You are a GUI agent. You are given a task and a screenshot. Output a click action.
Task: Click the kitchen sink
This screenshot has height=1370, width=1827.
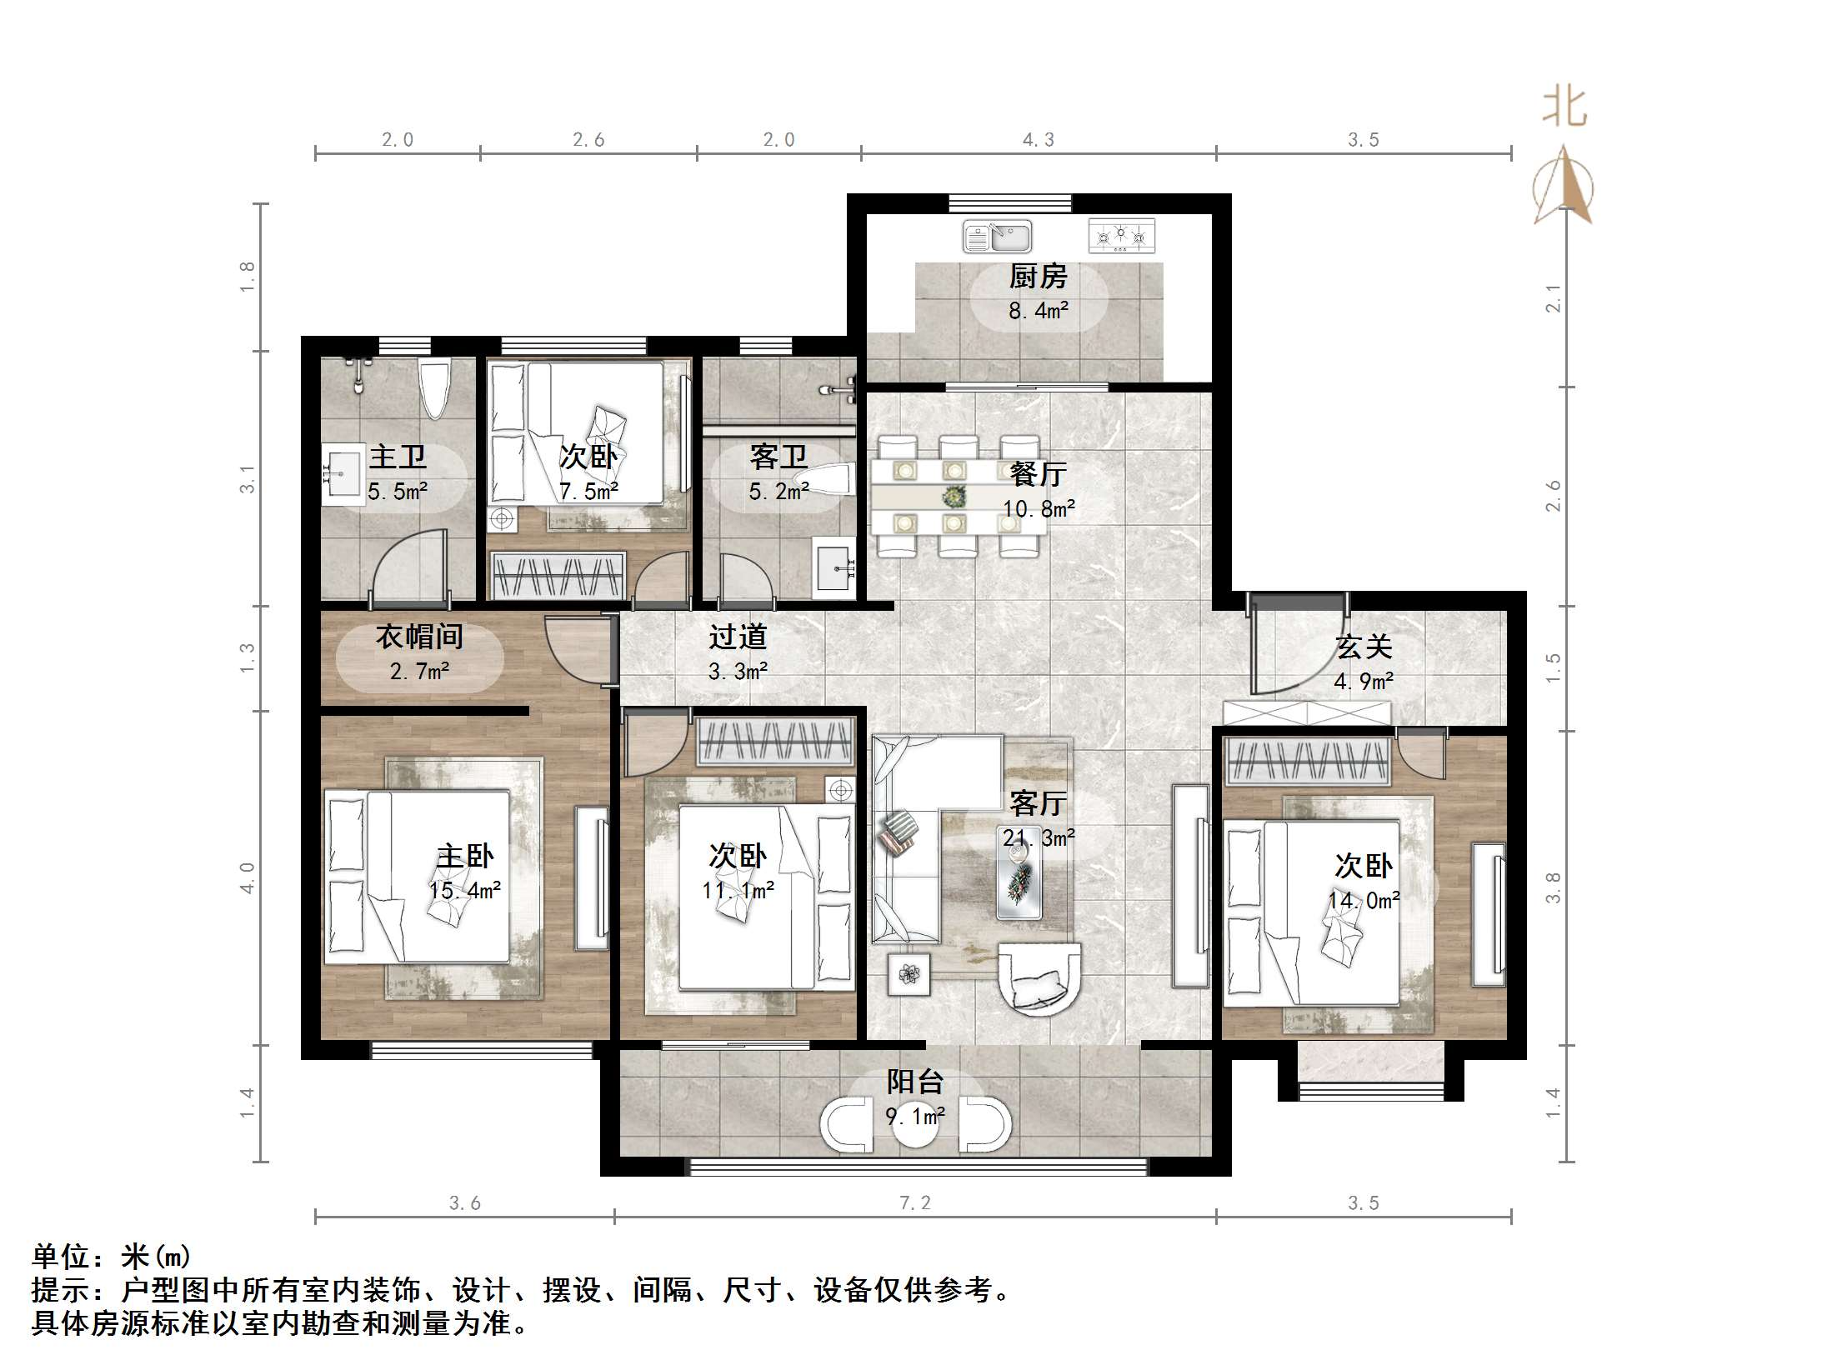click(997, 236)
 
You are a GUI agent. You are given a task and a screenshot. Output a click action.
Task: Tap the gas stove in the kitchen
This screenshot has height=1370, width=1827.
click(1122, 236)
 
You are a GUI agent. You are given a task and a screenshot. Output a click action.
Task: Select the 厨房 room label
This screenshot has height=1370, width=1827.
click(1038, 276)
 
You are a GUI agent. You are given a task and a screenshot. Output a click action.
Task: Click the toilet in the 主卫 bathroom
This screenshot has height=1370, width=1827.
click(434, 387)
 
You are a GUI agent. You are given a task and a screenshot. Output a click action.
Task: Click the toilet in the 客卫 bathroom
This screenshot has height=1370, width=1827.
click(825, 481)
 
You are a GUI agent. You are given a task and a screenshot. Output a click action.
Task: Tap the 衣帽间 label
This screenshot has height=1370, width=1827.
click(419, 637)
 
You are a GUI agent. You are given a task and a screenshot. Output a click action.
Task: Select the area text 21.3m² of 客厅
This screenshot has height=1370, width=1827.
click(1039, 837)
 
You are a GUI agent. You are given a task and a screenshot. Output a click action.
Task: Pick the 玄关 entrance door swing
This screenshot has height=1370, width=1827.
click(1296, 650)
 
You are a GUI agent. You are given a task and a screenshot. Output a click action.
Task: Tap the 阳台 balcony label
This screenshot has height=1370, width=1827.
click(914, 1082)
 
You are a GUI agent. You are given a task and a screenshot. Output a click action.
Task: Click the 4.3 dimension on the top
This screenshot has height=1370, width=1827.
click(1039, 140)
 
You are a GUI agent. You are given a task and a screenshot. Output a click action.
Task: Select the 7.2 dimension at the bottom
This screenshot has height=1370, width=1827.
click(914, 1202)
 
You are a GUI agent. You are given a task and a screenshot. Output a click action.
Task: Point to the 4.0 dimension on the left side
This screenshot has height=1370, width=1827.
click(248, 877)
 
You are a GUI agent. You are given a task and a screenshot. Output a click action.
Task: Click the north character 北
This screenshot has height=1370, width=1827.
click(1564, 108)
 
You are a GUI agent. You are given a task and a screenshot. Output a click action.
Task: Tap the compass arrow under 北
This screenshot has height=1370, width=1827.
click(1564, 187)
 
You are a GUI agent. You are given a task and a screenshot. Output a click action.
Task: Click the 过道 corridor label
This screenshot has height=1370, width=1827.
click(738, 637)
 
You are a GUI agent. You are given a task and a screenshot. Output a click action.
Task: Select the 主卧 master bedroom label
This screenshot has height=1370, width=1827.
click(465, 856)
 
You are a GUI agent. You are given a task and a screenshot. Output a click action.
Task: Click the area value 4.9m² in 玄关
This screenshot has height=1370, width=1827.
click(1364, 682)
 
